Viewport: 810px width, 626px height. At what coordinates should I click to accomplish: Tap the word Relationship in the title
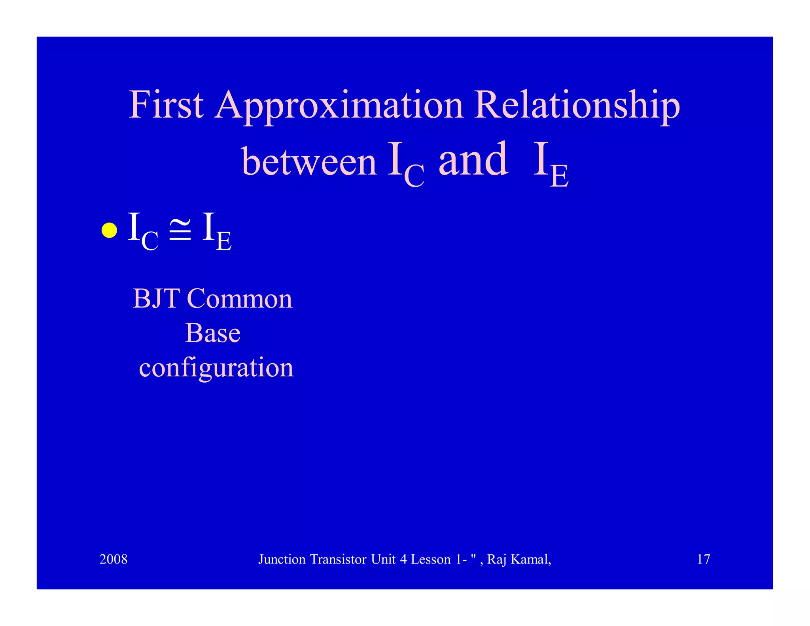[577, 106]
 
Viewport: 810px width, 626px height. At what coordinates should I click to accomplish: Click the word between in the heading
[309, 161]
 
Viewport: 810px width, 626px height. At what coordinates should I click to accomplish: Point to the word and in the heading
[473, 160]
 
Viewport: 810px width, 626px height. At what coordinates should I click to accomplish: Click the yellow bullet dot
[109, 230]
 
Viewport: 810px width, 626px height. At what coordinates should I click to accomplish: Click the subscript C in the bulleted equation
[150, 241]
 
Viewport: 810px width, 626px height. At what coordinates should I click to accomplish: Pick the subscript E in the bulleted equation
[224, 241]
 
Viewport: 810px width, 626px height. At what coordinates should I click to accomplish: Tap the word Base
[212, 333]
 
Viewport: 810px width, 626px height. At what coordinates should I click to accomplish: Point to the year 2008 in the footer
[113, 559]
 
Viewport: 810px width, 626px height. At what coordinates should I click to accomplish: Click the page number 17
[703, 559]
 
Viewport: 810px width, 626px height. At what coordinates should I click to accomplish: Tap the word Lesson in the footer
[431, 559]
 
